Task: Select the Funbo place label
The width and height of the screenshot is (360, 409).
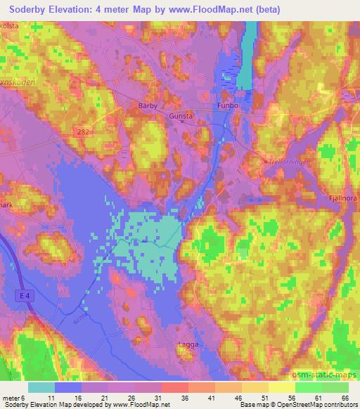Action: tap(224, 107)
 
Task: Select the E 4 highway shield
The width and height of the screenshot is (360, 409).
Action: tap(24, 298)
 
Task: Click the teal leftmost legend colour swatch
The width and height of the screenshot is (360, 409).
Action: tap(41, 387)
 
